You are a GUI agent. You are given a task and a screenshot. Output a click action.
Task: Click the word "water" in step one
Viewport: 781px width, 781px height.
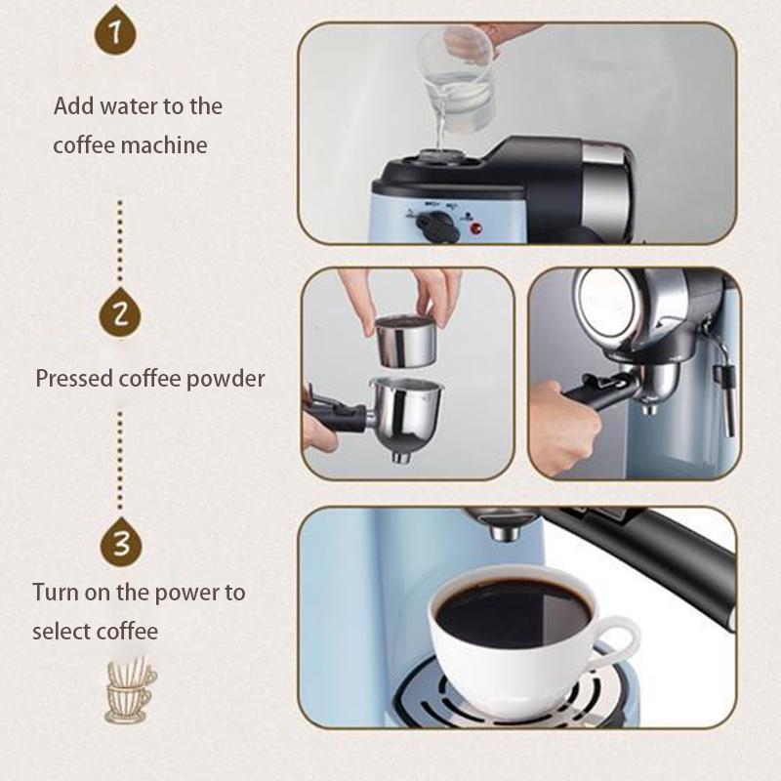[x=137, y=105]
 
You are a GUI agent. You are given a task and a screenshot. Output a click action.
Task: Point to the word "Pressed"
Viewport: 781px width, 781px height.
[x=75, y=378]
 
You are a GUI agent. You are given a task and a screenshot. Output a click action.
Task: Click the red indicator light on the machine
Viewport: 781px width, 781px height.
[x=477, y=229]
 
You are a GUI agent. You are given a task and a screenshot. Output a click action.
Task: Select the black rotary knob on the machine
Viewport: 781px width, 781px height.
[x=436, y=226]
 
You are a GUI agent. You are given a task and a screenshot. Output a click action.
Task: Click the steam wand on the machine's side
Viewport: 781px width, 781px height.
[x=724, y=390]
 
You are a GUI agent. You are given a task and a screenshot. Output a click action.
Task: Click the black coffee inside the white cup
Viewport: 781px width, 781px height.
[x=513, y=610]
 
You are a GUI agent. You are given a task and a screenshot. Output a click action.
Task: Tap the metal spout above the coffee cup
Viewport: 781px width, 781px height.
[x=503, y=528]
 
